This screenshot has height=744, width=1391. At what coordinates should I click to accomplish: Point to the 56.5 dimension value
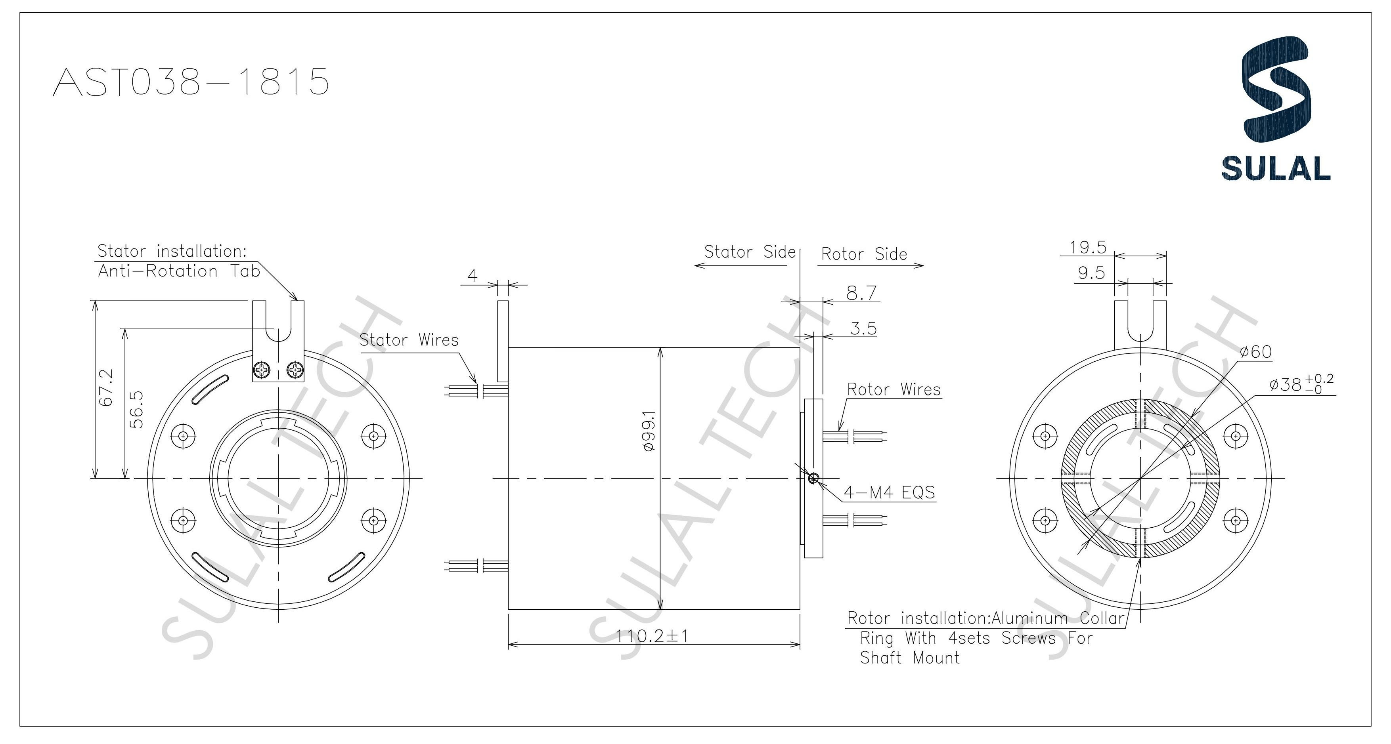pyautogui.click(x=137, y=410)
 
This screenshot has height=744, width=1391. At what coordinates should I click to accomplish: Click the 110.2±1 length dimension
pyautogui.click(x=652, y=637)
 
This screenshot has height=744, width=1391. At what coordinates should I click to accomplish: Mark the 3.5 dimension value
pyautogui.click(x=863, y=328)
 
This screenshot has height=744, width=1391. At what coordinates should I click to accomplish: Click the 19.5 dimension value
pyautogui.click(x=1088, y=248)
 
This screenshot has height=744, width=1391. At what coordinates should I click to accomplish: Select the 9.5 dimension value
pyautogui.click(x=1091, y=273)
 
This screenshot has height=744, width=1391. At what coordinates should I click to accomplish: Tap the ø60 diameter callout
pyautogui.click(x=1255, y=352)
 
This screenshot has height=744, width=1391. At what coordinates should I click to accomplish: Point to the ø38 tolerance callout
pyautogui.click(x=1301, y=384)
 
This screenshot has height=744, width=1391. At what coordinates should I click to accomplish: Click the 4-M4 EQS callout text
pyautogui.click(x=890, y=492)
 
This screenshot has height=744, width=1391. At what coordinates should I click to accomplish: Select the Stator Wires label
pyautogui.click(x=409, y=340)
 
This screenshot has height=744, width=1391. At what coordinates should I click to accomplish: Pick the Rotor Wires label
pyautogui.click(x=894, y=389)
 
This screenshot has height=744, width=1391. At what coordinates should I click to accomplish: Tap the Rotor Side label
pyautogui.click(x=864, y=254)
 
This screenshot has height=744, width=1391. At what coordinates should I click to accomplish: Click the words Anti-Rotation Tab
pyautogui.click(x=179, y=271)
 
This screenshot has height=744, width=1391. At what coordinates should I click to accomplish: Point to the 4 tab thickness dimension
pyautogui.click(x=473, y=276)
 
